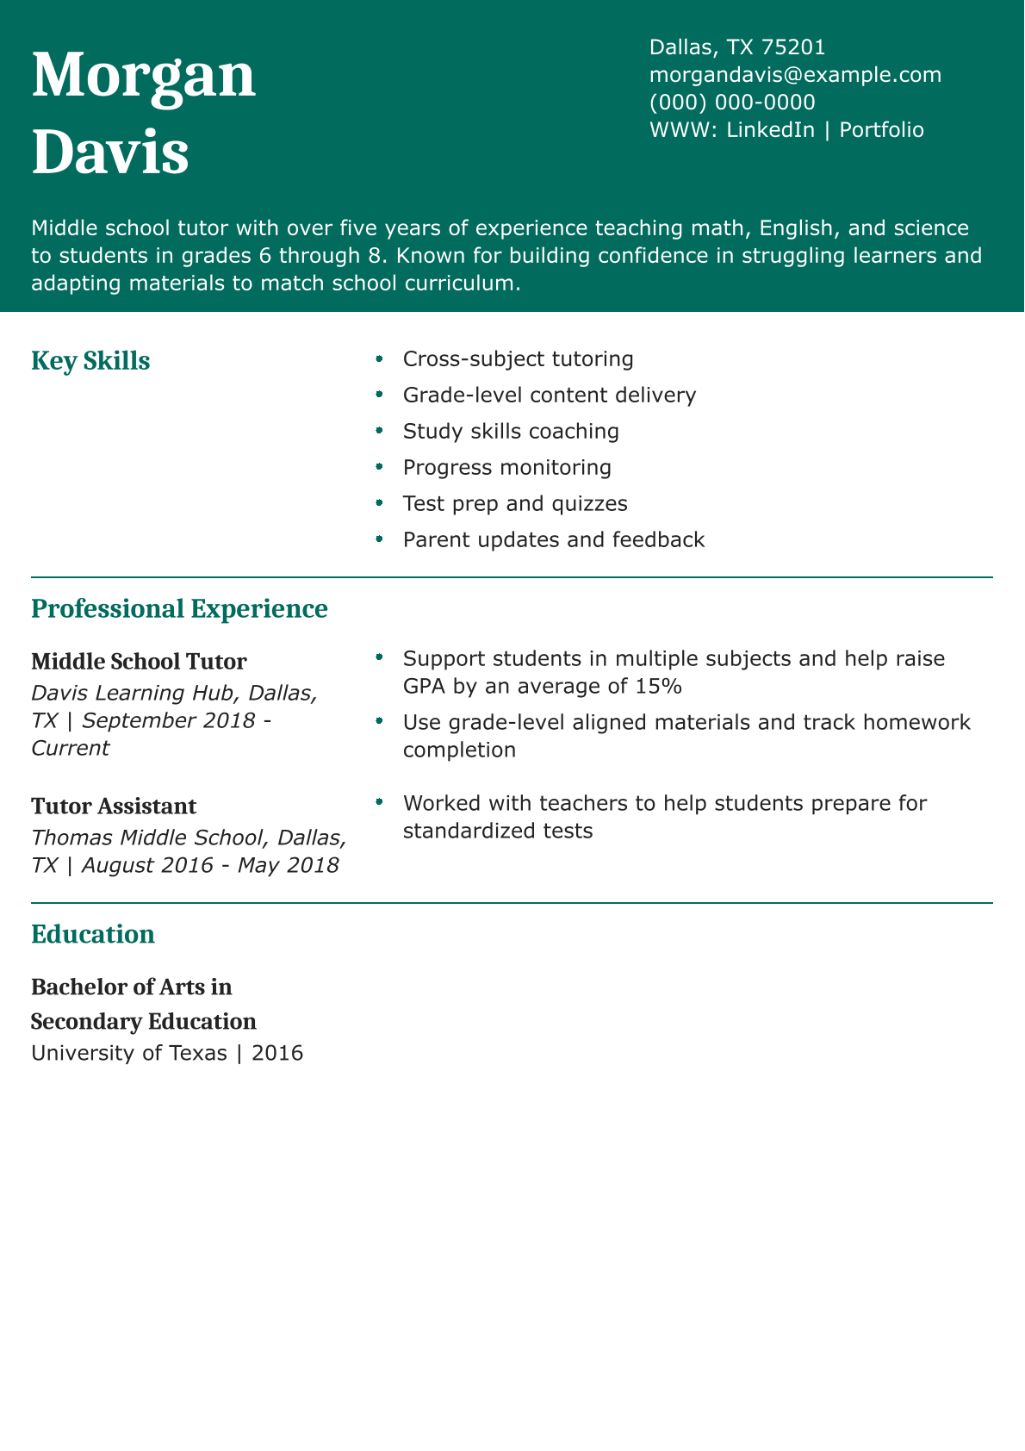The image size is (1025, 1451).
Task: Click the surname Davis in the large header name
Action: tap(110, 152)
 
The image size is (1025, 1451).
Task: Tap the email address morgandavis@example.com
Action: tap(795, 75)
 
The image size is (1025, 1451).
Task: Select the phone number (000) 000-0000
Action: tap(732, 103)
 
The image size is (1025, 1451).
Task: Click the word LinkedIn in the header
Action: tap(770, 130)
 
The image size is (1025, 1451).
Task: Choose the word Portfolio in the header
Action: tap(881, 130)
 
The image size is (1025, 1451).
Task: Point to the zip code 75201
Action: tap(793, 47)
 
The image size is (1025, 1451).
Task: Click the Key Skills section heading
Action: tap(90, 361)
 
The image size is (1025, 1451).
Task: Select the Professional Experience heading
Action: tap(179, 609)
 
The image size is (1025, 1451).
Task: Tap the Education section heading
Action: tap(93, 935)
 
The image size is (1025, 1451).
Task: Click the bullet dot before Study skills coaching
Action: tap(379, 430)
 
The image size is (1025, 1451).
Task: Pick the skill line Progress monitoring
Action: tap(506, 468)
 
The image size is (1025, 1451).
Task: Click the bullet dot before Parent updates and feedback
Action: tap(379, 539)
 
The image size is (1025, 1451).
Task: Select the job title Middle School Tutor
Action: tap(139, 662)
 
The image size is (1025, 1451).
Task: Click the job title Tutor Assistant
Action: tap(114, 806)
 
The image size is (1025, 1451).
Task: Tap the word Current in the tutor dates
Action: tap(70, 748)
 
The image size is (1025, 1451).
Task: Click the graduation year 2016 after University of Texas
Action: tap(277, 1053)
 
